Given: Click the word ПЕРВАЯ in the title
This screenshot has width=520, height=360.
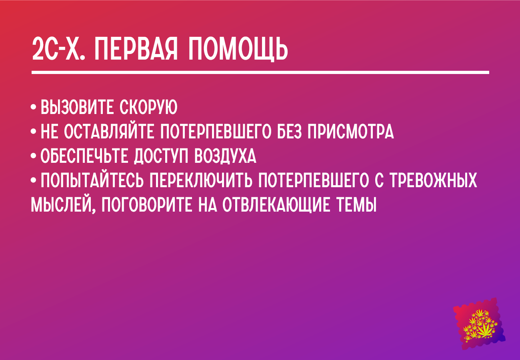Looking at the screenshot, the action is (136, 49).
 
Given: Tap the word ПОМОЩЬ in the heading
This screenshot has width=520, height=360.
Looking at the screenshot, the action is (238, 50).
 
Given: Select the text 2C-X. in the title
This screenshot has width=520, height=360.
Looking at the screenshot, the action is (58, 49).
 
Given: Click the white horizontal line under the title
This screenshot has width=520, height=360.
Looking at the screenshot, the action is (260, 73).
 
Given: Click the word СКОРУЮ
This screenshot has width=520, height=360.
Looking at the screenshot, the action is (148, 107).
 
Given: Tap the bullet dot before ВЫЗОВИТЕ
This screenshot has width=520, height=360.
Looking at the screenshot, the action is (34, 107).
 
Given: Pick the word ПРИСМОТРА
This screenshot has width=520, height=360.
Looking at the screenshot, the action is (351, 132).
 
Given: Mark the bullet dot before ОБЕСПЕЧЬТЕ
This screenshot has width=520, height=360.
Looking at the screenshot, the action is (34, 156).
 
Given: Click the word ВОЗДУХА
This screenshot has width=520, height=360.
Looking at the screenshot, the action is (225, 156).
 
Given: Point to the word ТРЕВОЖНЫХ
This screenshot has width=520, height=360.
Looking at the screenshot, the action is (433, 180).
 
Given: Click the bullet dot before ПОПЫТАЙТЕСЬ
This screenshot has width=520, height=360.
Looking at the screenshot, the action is (34, 180).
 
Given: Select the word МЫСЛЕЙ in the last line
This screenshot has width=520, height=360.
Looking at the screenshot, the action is (63, 204).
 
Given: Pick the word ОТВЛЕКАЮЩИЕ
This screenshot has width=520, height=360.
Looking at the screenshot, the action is (276, 205).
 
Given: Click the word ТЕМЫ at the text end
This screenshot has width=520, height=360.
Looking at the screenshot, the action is (356, 204).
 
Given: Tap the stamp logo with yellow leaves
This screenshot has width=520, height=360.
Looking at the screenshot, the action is (479, 324).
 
